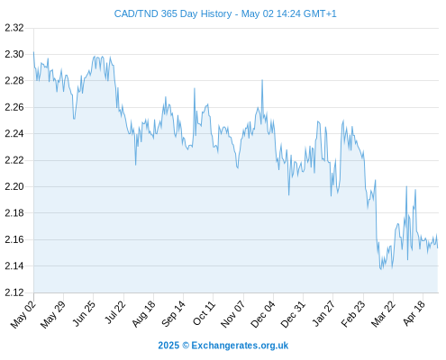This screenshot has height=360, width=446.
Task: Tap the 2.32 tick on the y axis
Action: click(x=14, y=28)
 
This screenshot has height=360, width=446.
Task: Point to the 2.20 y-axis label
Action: click(x=14, y=186)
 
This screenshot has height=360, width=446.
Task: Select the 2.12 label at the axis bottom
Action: click(x=14, y=292)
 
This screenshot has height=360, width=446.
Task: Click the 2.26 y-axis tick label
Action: click(x=14, y=107)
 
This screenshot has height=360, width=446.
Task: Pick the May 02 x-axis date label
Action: click(x=23, y=313)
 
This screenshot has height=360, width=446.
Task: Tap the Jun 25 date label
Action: click(x=83, y=313)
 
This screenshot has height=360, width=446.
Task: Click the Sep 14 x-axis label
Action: click(x=173, y=313)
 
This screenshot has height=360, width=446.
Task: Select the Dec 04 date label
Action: click(x=263, y=313)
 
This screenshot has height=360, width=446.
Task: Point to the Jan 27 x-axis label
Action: click(x=323, y=313)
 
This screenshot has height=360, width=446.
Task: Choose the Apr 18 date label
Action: click(x=414, y=313)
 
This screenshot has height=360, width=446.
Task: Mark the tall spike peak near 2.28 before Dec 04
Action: click(x=262, y=80)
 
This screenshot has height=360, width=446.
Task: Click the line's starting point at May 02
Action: click(x=33, y=52)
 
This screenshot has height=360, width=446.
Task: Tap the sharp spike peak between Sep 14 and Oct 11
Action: click(x=195, y=88)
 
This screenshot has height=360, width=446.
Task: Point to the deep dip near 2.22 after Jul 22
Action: click(x=135, y=165)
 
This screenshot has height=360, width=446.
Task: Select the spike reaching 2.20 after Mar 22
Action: click(x=406, y=186)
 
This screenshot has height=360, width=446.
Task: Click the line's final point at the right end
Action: click(x=438, y=247)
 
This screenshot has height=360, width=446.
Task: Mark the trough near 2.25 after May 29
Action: click(x=74, y=119)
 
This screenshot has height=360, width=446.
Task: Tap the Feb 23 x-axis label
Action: click(x=353, y=313)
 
